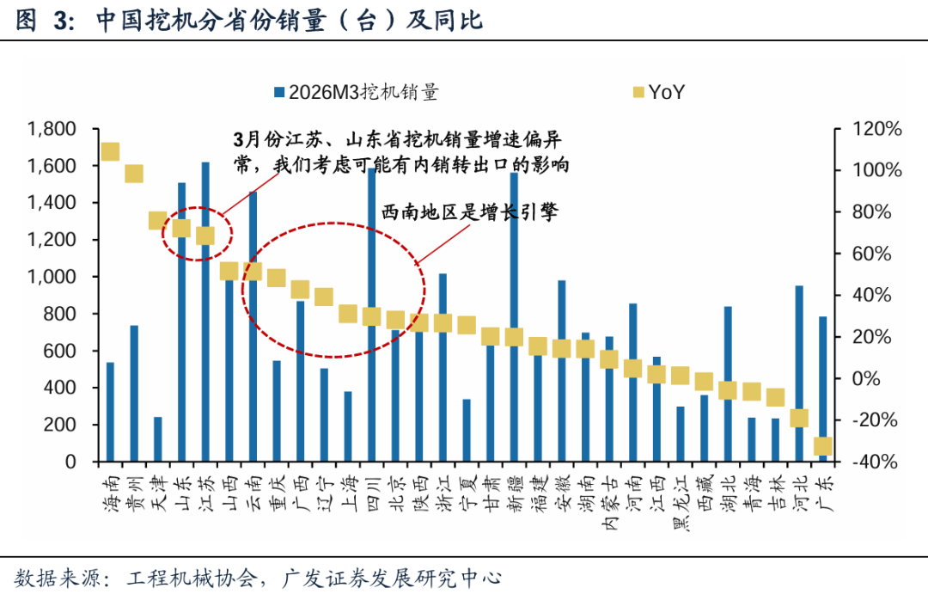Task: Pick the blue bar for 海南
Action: point(110,413)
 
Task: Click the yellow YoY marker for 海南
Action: point(110,152)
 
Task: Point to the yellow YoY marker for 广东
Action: point(823,445)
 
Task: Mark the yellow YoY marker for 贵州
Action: point(134,174)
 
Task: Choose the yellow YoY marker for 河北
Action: point(799,419)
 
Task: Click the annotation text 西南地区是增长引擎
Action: point(469,211)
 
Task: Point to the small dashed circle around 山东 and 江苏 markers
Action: point(198,233)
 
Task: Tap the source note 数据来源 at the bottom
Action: point(258,576)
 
